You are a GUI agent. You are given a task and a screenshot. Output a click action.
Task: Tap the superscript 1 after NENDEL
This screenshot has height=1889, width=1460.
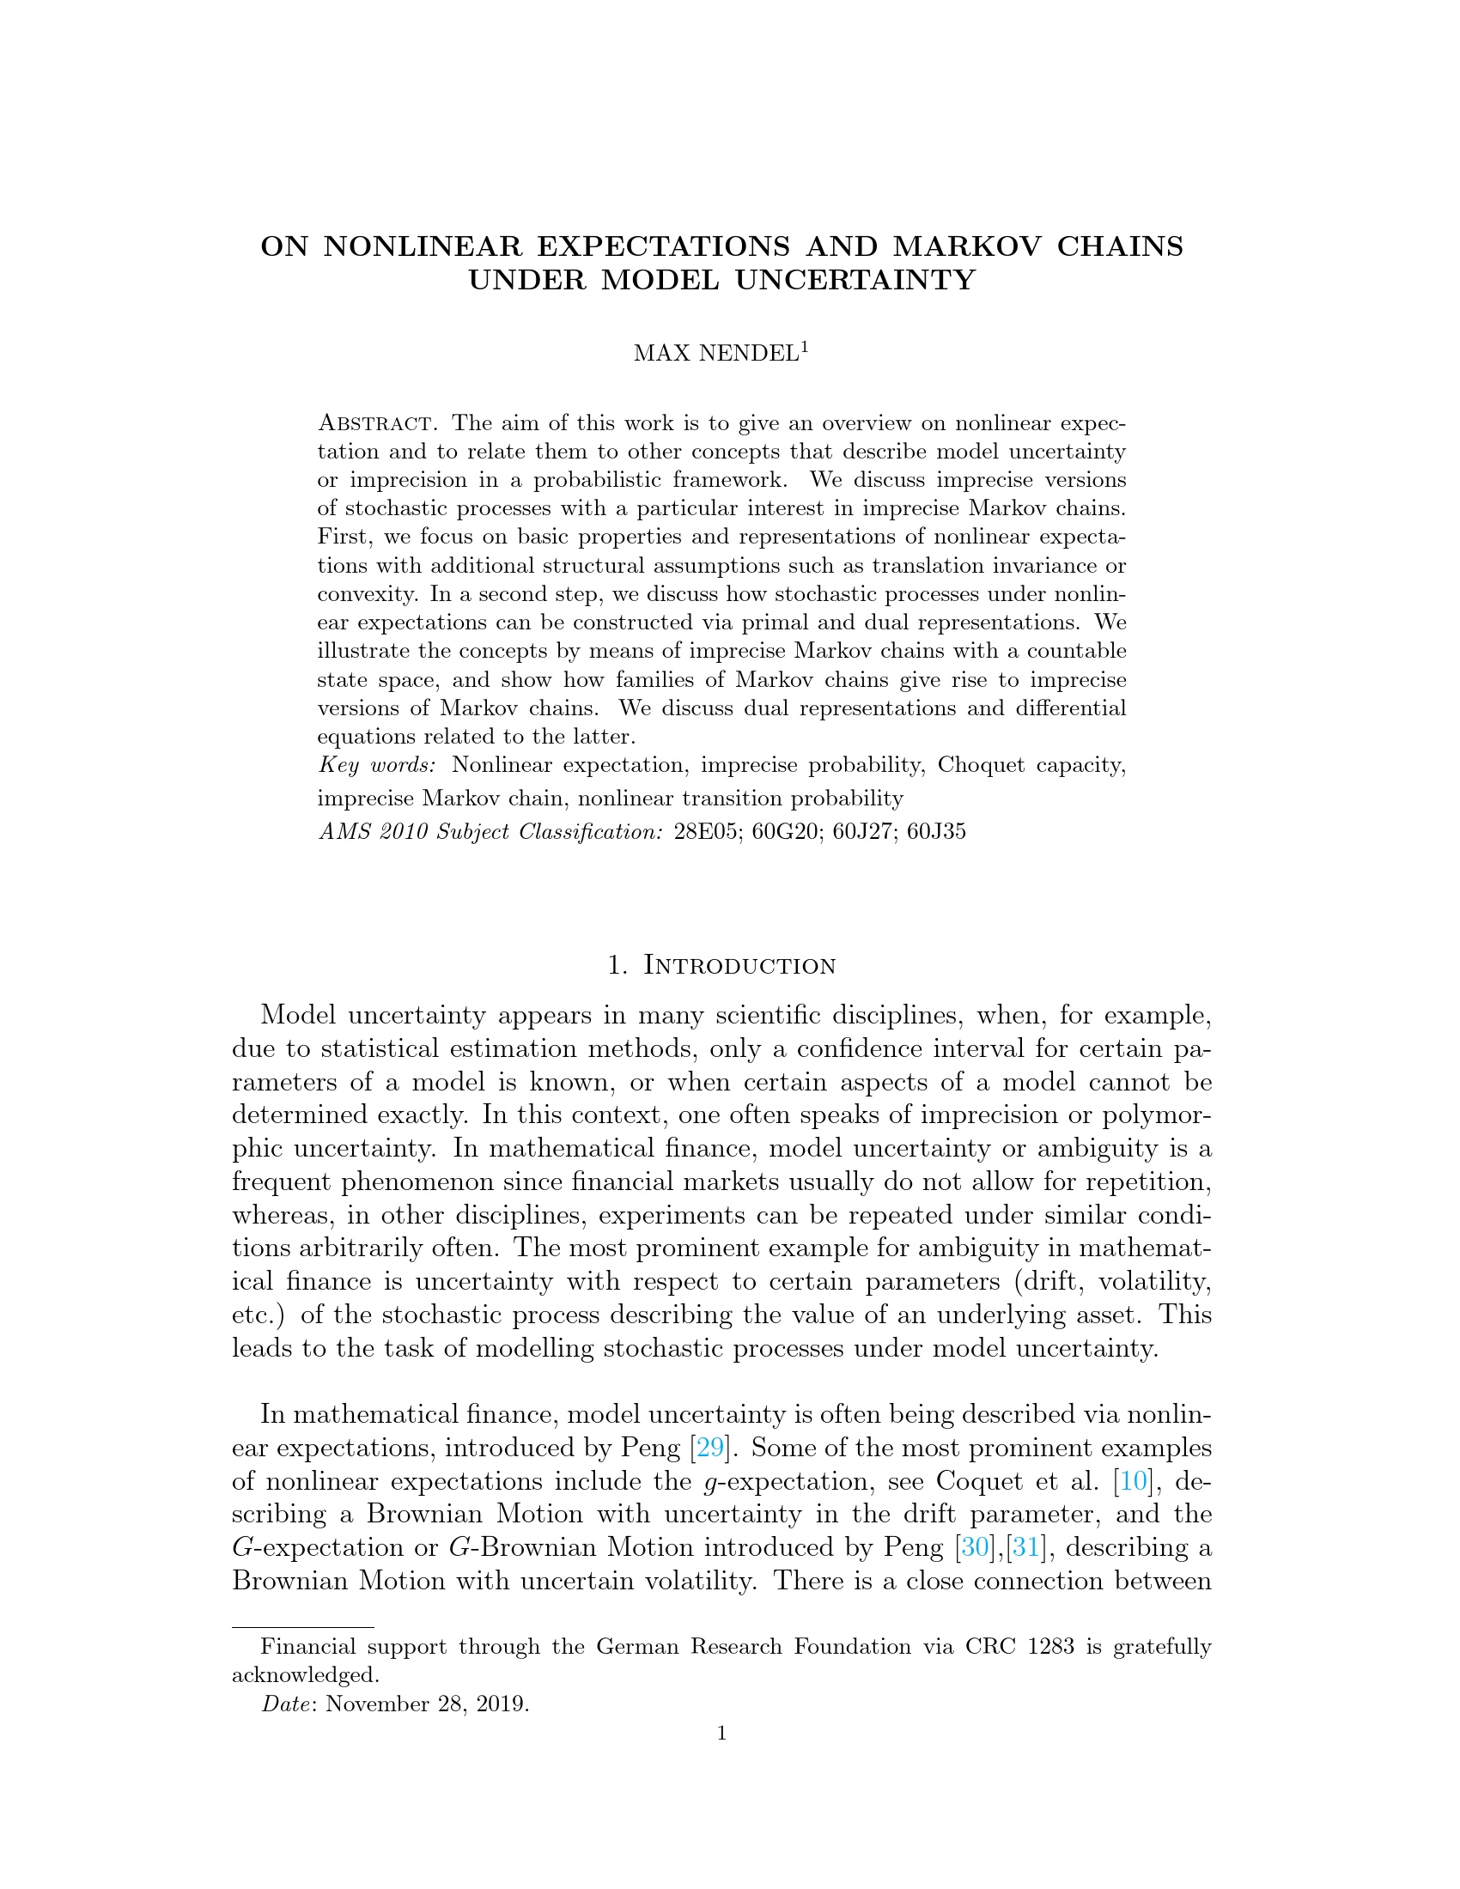click(805, 347)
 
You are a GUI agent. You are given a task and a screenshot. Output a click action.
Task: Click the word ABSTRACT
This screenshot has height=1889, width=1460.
click(375, 424)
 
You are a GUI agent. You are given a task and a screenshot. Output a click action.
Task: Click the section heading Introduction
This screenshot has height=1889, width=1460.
click(739, 965)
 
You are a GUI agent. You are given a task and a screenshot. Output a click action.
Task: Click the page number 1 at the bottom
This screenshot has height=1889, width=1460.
click(721, 1733)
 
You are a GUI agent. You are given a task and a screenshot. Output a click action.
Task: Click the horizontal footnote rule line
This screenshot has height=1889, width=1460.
click(302, 1627)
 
